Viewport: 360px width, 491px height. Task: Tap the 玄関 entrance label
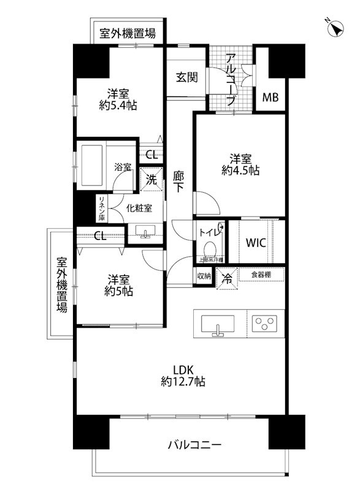tap(186, 77)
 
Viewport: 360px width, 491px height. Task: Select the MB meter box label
tap(270, 97)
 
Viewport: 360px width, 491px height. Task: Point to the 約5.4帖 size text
tap(118, 106)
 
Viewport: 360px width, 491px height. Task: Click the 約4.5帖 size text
tap(240, 171)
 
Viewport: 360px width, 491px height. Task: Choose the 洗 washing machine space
tap(151, 180)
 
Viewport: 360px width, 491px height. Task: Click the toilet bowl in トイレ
tap(210, 250)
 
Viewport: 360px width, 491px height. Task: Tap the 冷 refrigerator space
tap(226, 277)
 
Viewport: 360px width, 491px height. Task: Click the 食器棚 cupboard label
tap(261, 274)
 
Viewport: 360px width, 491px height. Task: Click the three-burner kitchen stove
tap(266, 323)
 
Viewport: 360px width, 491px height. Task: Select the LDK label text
tap(182, 369)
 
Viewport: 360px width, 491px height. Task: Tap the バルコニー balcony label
tap(194, 445)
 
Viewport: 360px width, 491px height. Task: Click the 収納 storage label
tap(204, 277)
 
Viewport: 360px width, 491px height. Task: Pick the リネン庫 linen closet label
tap(102, 209)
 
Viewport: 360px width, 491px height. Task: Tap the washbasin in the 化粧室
tap(145, 231)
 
